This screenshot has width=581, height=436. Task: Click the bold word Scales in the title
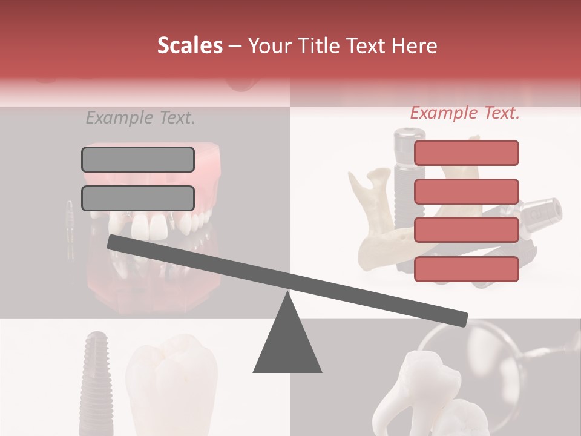[x=189, y=46]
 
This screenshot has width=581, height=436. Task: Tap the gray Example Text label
[x=140, y=117]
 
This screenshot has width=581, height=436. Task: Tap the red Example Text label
[x=465, y=113]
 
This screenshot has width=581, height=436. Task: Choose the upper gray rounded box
[x=138, y=159]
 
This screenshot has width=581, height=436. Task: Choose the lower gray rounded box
[x=138, y=198]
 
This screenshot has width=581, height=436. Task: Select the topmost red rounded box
[x=466, y=153]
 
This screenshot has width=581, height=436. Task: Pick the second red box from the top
[x=466, y=191]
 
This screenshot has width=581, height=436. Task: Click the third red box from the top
[x=466, y=230]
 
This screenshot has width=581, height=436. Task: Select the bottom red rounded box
[x=466, y=269]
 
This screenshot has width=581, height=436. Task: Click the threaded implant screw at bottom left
[x=94, y=381]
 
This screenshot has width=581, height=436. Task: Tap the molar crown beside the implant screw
[x=172, y=388]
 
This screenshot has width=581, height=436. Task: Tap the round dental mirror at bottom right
[x=460, y=351]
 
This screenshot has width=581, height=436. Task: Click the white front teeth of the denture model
[x=151, y=227]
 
